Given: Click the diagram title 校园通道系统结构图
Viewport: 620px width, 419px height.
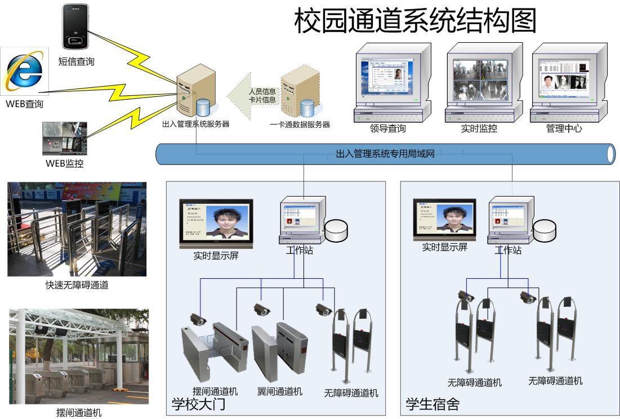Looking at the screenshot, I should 416,20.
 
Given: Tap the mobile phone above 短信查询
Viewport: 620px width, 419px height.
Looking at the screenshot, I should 76,27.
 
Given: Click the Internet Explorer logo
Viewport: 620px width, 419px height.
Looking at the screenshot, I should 24,71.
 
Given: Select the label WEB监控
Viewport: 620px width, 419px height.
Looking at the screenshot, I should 65,164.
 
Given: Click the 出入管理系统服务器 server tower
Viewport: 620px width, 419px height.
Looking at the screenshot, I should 195,89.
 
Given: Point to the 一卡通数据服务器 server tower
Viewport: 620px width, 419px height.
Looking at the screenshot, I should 300,91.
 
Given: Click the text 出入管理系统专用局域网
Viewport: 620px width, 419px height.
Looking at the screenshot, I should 385,153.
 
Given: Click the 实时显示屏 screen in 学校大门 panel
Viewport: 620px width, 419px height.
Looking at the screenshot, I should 216,223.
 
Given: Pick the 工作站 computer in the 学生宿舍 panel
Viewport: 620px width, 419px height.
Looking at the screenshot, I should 510,219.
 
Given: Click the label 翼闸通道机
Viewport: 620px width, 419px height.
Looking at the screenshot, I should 280,391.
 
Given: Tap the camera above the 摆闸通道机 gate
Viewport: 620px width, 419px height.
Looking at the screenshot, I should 198,319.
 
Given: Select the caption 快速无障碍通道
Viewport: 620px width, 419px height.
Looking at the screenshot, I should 77,285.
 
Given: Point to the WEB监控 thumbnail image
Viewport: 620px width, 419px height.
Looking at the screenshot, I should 65,139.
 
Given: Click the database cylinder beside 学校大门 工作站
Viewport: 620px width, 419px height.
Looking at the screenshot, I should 336,228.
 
